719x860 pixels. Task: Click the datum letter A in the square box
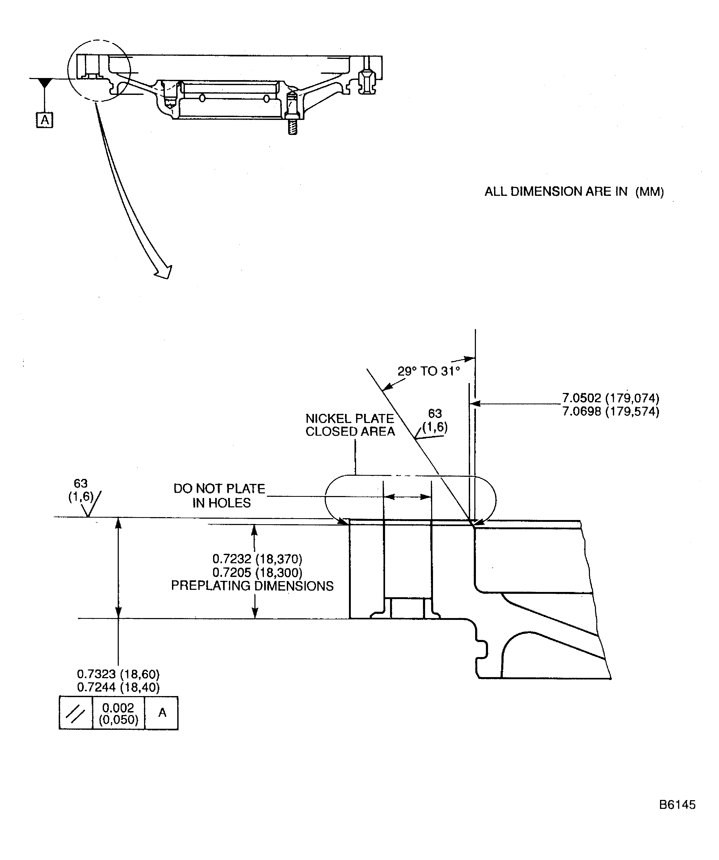45,120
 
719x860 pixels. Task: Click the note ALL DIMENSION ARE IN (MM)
574,191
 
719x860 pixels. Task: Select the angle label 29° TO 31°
429,371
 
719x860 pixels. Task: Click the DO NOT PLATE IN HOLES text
220,495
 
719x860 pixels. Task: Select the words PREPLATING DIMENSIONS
252,586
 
